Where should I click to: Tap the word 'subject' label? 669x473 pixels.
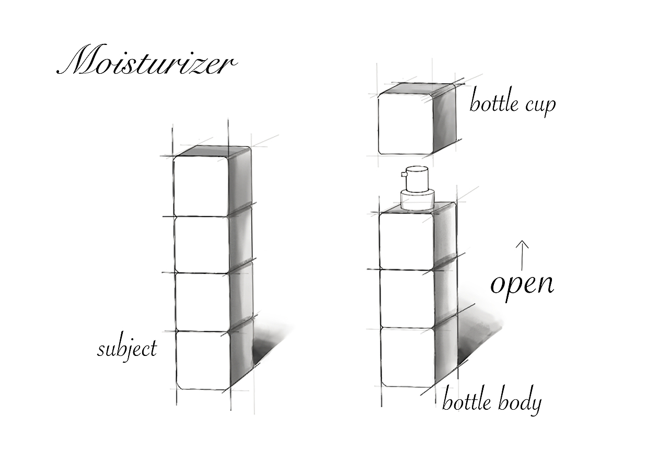click(126, 349)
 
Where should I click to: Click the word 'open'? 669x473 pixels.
click(522, 284)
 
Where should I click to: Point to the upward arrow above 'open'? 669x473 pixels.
click(522, 253)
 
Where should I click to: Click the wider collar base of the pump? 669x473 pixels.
click(417, 200)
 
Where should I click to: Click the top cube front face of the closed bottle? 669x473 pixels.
click(201, 186)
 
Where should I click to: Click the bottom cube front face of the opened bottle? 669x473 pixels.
click(407, 357)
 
